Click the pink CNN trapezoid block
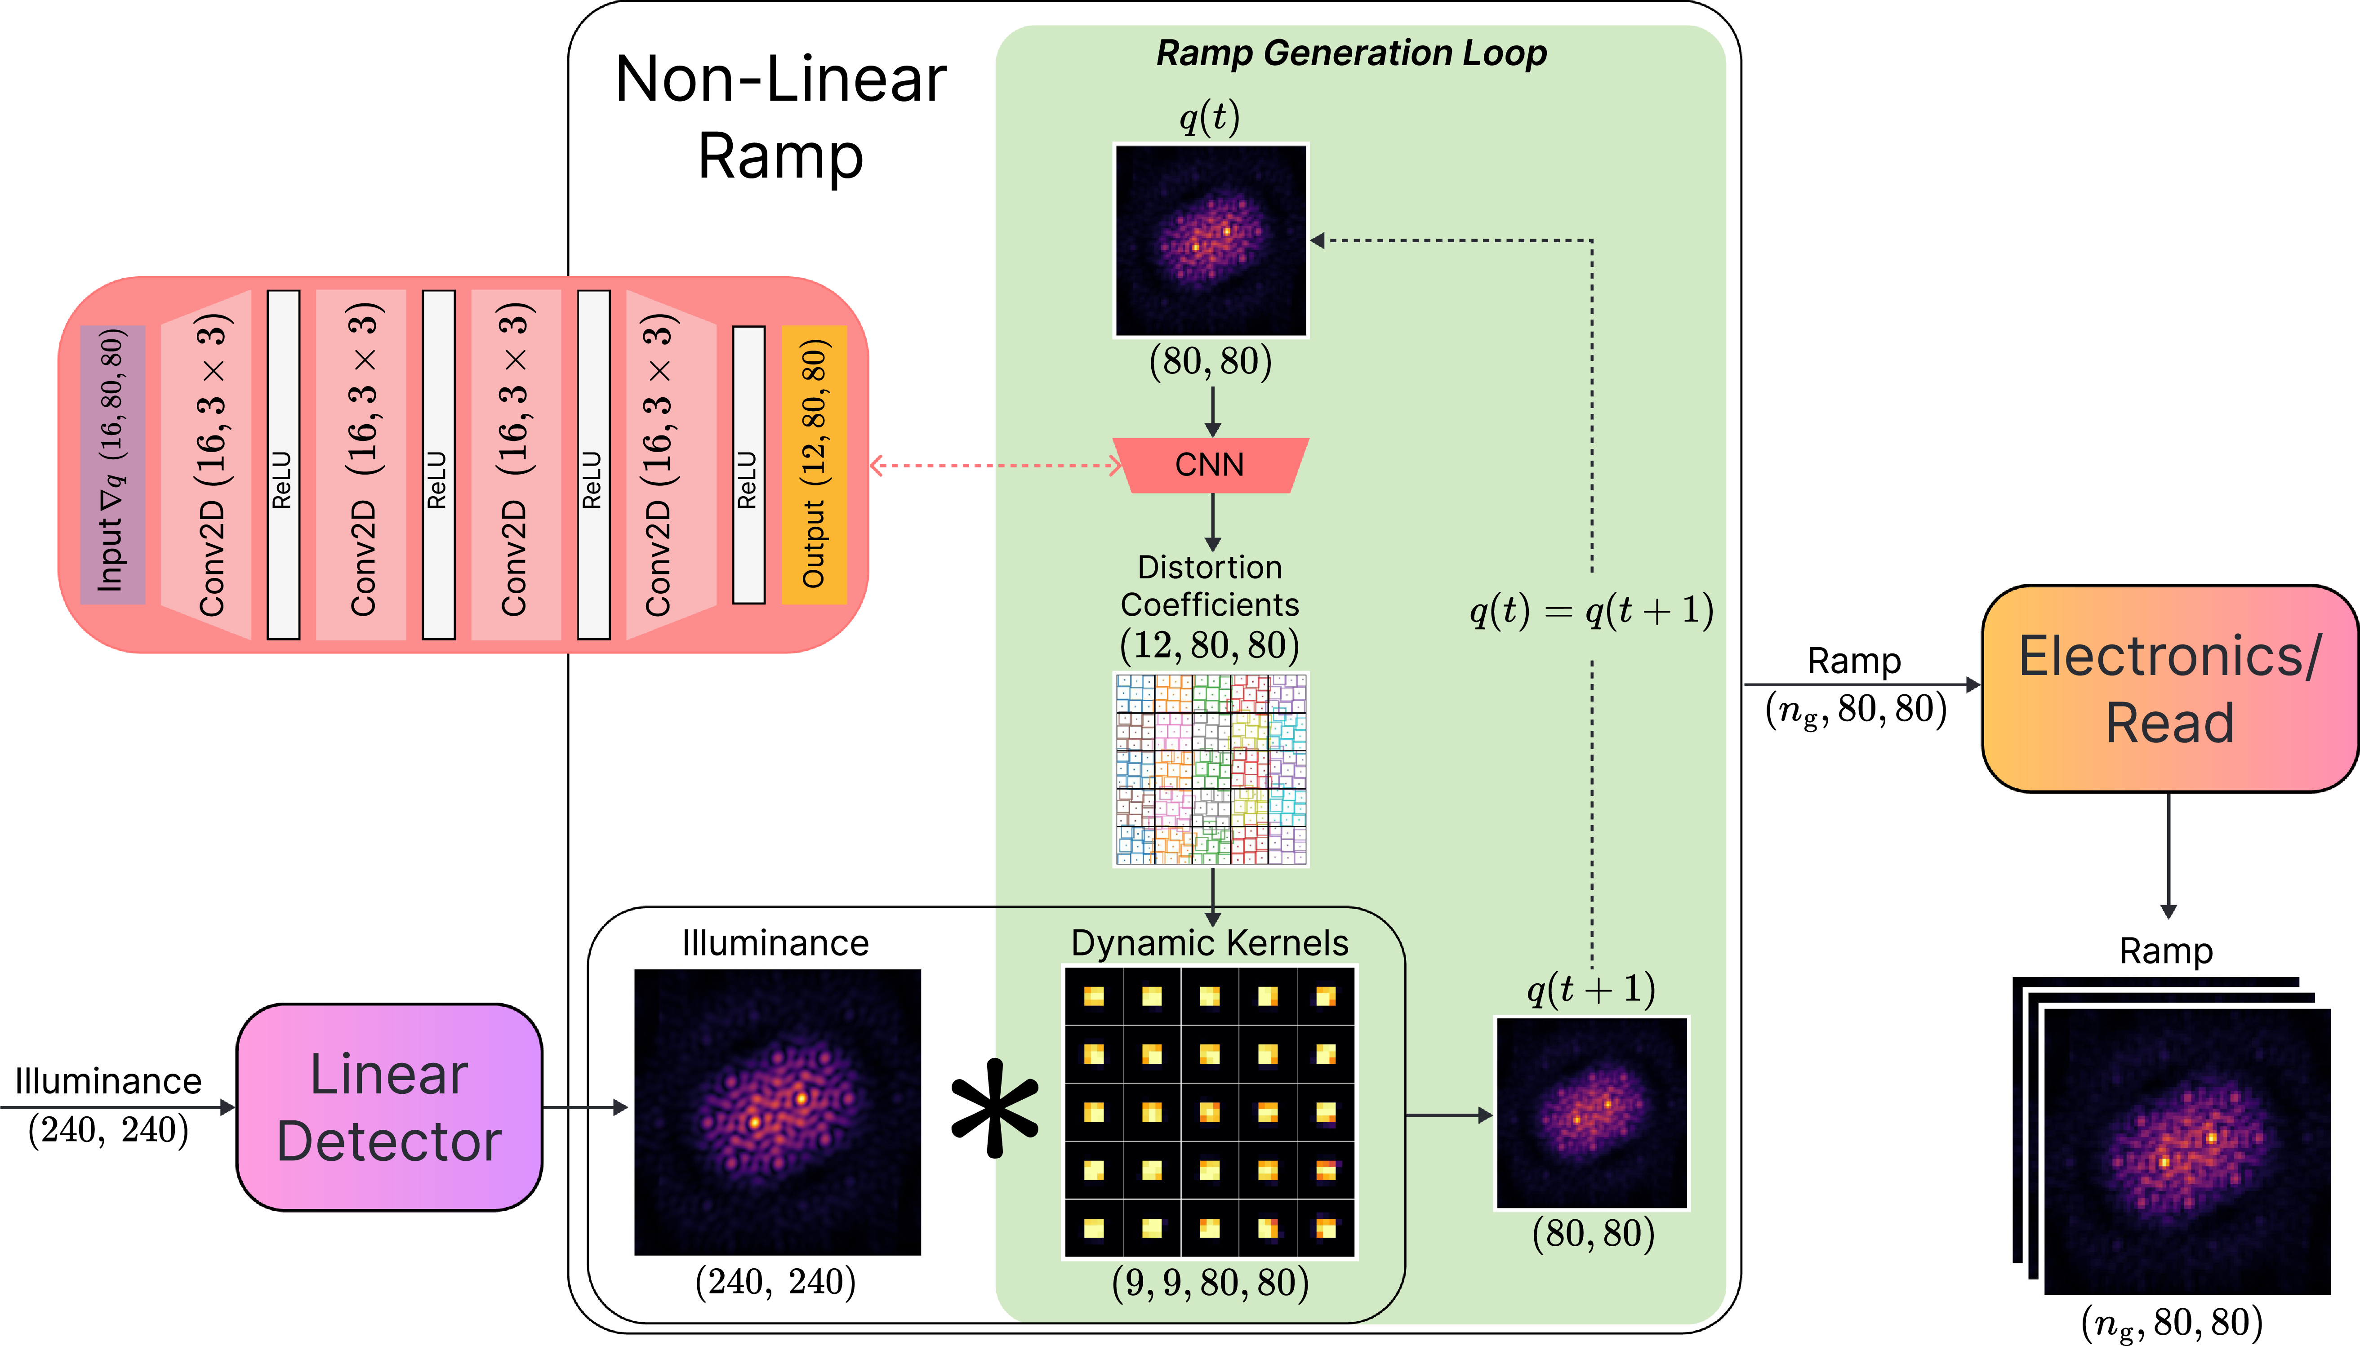pos(1210,465)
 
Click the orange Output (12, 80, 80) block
pos(814,464)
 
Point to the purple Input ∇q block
pos(113,464)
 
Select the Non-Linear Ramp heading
pos(781,117)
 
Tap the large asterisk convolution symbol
pos(995,1108)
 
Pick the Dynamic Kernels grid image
pos(1210,1112)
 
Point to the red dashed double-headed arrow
pos(996,465)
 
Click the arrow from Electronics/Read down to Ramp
pos(2169,855)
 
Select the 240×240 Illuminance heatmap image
pos(777,1112)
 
